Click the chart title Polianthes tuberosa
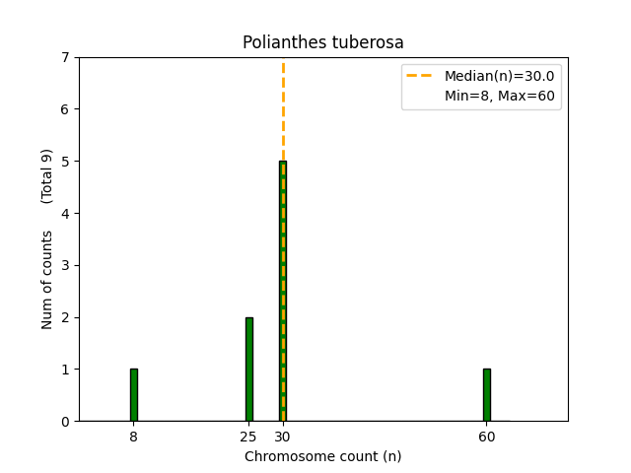pyautogui.click(x=323, y=43)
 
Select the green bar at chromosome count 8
pyautogui.click(x=133, y=395)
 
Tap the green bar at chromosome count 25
pyautogui.click(x=248, y=370)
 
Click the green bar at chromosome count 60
pyautogui.click(x=486, y=395)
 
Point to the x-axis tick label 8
pyautogui.click(x=133, y=437)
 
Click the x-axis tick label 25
pyautogui.click(x=248, y=437)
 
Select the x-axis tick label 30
pyautogui.click(x=283, y=437)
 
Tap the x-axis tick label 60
pyautogui.click(x=486, y=437)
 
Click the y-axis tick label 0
pyautogui.click(x=66, y=422)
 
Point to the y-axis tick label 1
pyautogui.click(x=66, y=370)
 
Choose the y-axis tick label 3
pyautogui.click(x=66, y=265)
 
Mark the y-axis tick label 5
pyautogui.click(x=66, y=162)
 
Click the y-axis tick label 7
pyautogui.click(x=66, y=57)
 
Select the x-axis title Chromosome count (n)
pyautogui.click(x=323, y=456)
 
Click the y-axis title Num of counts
pyautogui.click(x=47, y=280)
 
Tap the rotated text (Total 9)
pyautogui.click(x=47, y=175)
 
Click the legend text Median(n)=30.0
pyautogui.click(x=497, y=76)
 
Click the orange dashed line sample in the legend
pyautogui.click(x=422, y=76)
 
